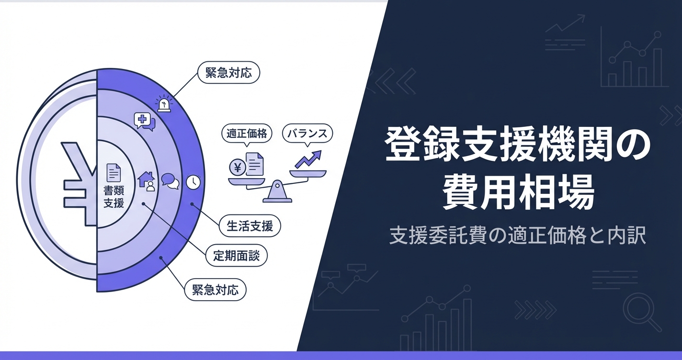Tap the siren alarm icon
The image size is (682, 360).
(164, 103)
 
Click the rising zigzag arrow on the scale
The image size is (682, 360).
(308, 159)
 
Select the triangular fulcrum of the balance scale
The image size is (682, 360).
(277, 192)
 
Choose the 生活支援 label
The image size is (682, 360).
(250, 225)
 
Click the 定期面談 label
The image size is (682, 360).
(237, 256)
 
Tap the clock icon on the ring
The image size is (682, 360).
(193, 182)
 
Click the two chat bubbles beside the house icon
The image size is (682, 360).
(170, 181)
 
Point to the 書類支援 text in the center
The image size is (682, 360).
(114, 197)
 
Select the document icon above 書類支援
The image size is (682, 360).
(114, 172)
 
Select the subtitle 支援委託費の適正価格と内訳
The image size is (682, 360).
(518, 236)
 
